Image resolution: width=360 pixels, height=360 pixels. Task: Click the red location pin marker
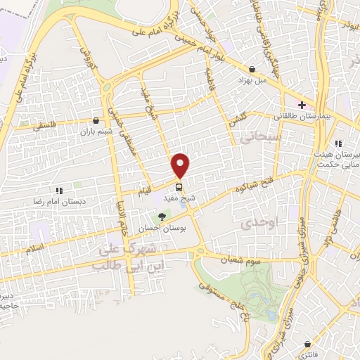181,165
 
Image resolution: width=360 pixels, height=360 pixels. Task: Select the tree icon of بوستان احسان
162,217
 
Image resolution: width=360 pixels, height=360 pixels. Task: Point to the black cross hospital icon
301,103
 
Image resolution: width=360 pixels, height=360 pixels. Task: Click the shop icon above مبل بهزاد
252,69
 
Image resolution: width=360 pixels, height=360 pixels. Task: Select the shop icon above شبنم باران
96,121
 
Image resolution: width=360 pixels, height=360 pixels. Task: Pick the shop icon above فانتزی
309,343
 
